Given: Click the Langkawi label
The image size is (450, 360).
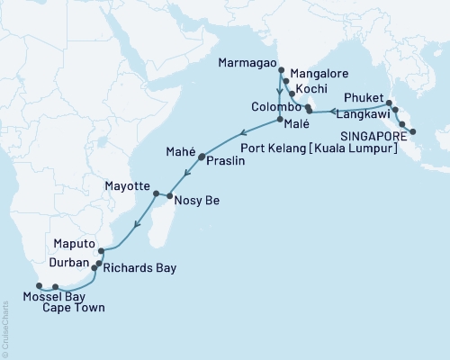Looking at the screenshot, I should [x=360, y=115].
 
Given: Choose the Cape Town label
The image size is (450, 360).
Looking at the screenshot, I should [x=71, y=308].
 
